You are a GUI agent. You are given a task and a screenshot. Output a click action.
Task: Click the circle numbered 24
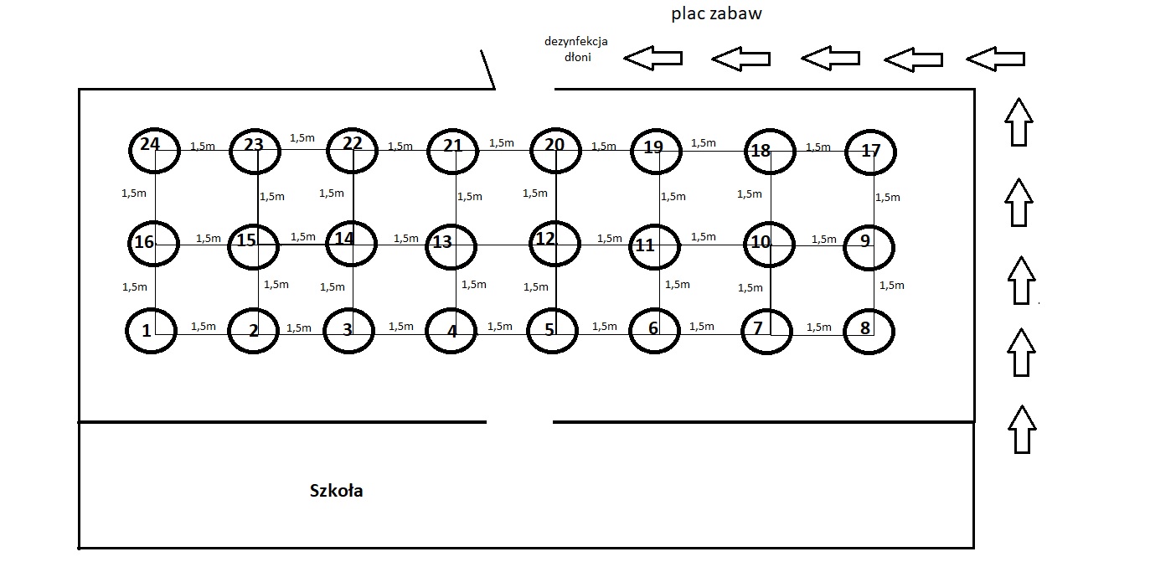(x=154, y=150)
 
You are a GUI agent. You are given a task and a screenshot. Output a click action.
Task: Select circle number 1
(x=152, y=330)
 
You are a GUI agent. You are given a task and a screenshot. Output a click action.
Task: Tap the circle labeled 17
(x=870, y=152)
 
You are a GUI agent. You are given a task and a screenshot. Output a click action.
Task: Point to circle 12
(x=554, y=243)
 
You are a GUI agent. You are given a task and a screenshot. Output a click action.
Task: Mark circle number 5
(x=553, y=332)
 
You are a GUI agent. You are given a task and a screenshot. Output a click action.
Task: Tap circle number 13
(x=451, y=245)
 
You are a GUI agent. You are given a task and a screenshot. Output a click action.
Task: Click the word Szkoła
(x=336, y=491)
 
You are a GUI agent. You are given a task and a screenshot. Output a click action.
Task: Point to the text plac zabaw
(x=716, y=14)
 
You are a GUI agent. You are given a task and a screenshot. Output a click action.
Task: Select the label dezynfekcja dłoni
(x=575, y=49)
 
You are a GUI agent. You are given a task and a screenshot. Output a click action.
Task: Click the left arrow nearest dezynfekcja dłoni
(x=652, y=59)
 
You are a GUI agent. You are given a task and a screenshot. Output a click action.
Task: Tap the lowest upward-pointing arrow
(x=1020, y=429)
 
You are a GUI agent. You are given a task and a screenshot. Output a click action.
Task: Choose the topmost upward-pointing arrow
(x=1019, y=121)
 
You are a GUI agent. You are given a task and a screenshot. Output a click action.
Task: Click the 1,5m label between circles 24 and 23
(x=203, y=146)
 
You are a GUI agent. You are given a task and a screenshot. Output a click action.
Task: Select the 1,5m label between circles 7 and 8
(x=819, y=327)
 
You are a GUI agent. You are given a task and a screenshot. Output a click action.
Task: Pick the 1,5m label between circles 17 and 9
(x=888, y=198)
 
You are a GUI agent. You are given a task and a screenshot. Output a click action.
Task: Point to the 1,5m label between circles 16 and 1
(x=134, y=286)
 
